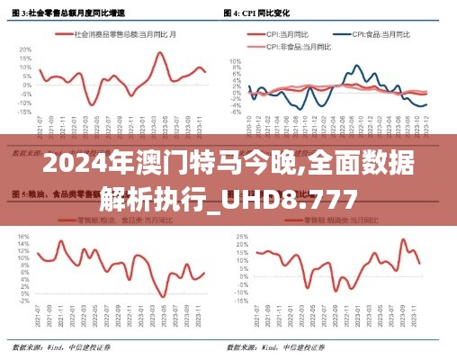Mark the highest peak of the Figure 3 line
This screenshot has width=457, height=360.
tap(160, 52)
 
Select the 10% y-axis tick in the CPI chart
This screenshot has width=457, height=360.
tap(236, 61)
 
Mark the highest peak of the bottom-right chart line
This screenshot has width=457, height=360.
tap(403, 239)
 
